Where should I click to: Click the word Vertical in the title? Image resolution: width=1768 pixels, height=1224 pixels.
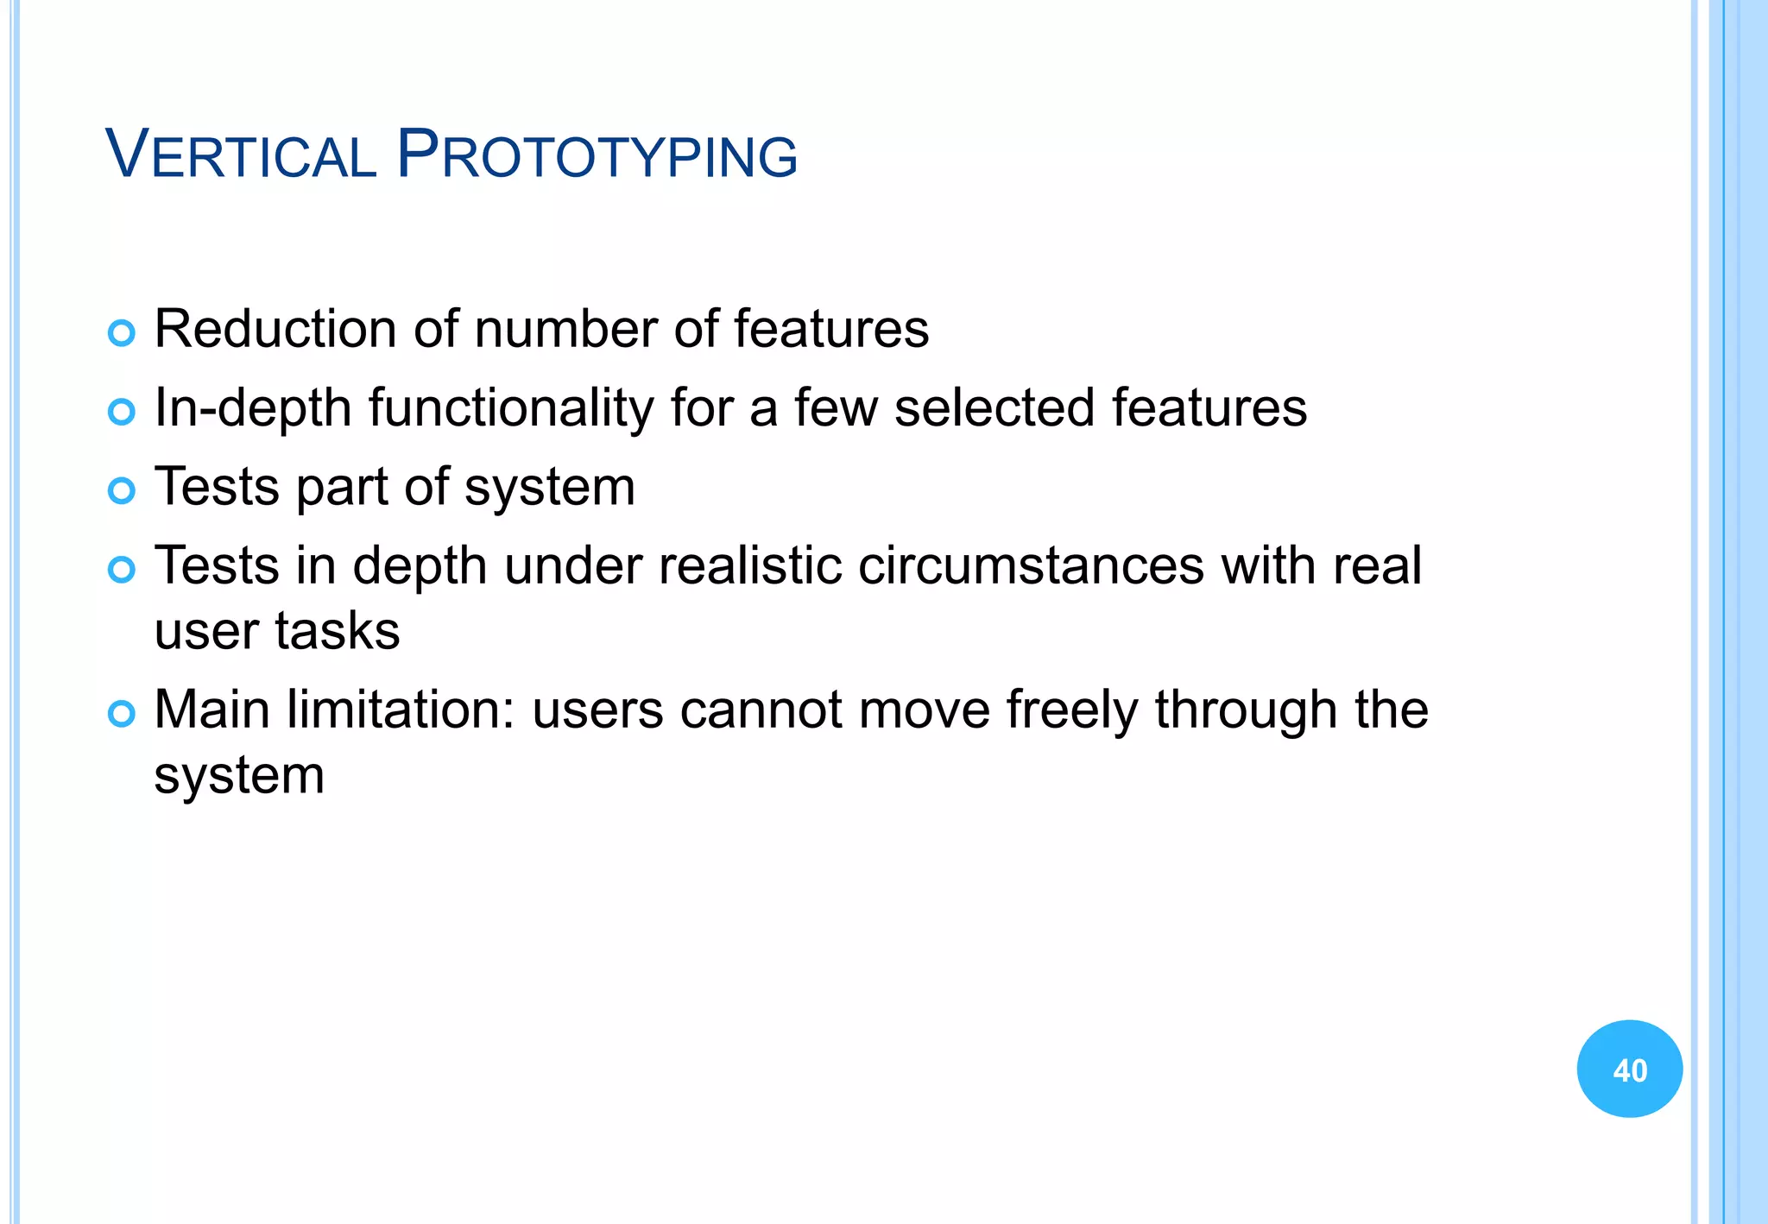[x=240, y=155]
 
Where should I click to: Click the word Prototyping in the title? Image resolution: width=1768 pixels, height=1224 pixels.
[x=597, y=155]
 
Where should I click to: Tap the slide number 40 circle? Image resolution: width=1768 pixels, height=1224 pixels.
[x=1629, y=1069]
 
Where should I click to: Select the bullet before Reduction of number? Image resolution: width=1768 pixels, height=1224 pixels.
[x=122, y=333]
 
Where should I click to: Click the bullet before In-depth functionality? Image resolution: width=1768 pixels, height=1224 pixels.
[x=122, y=412]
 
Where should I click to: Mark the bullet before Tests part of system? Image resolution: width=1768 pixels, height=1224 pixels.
[x=122, y=491]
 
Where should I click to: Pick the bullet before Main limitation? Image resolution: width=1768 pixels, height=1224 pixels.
[x=122, y=714]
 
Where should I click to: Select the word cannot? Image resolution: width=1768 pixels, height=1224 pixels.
[x=760, y=710]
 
